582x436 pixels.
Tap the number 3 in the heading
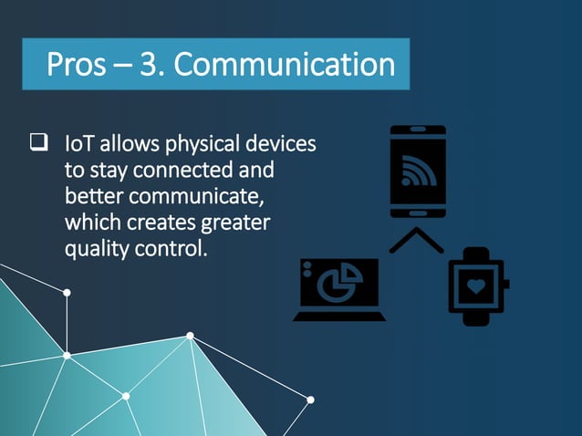[x=151, y=65]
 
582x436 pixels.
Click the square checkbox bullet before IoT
[x=39, y=142]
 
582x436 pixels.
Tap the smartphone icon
[x=418, y=171]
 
